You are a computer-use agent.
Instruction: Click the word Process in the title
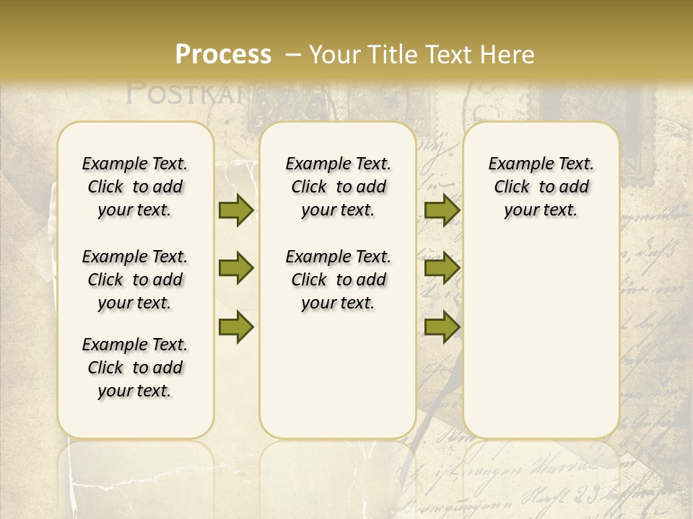[223, 55]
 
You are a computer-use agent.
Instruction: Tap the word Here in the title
[507, 55]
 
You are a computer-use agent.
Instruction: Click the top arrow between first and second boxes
[235, 210]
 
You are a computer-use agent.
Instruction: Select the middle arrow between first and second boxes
[235, 269]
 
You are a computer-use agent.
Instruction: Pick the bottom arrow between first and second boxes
[235, 327]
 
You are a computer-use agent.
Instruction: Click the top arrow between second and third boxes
[442, 210]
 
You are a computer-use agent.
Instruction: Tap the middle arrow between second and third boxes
[442, 269]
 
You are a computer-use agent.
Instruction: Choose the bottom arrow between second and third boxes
[442, 327]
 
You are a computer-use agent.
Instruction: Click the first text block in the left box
[135, 187]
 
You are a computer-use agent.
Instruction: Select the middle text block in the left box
[135, 280]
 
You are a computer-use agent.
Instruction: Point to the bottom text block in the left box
[135, 368]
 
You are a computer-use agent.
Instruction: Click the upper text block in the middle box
[338, 187]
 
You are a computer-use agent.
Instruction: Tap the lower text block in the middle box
[338, 280]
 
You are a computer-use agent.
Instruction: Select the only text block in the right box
[541, 187]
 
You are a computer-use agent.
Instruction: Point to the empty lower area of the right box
[541, 339]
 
